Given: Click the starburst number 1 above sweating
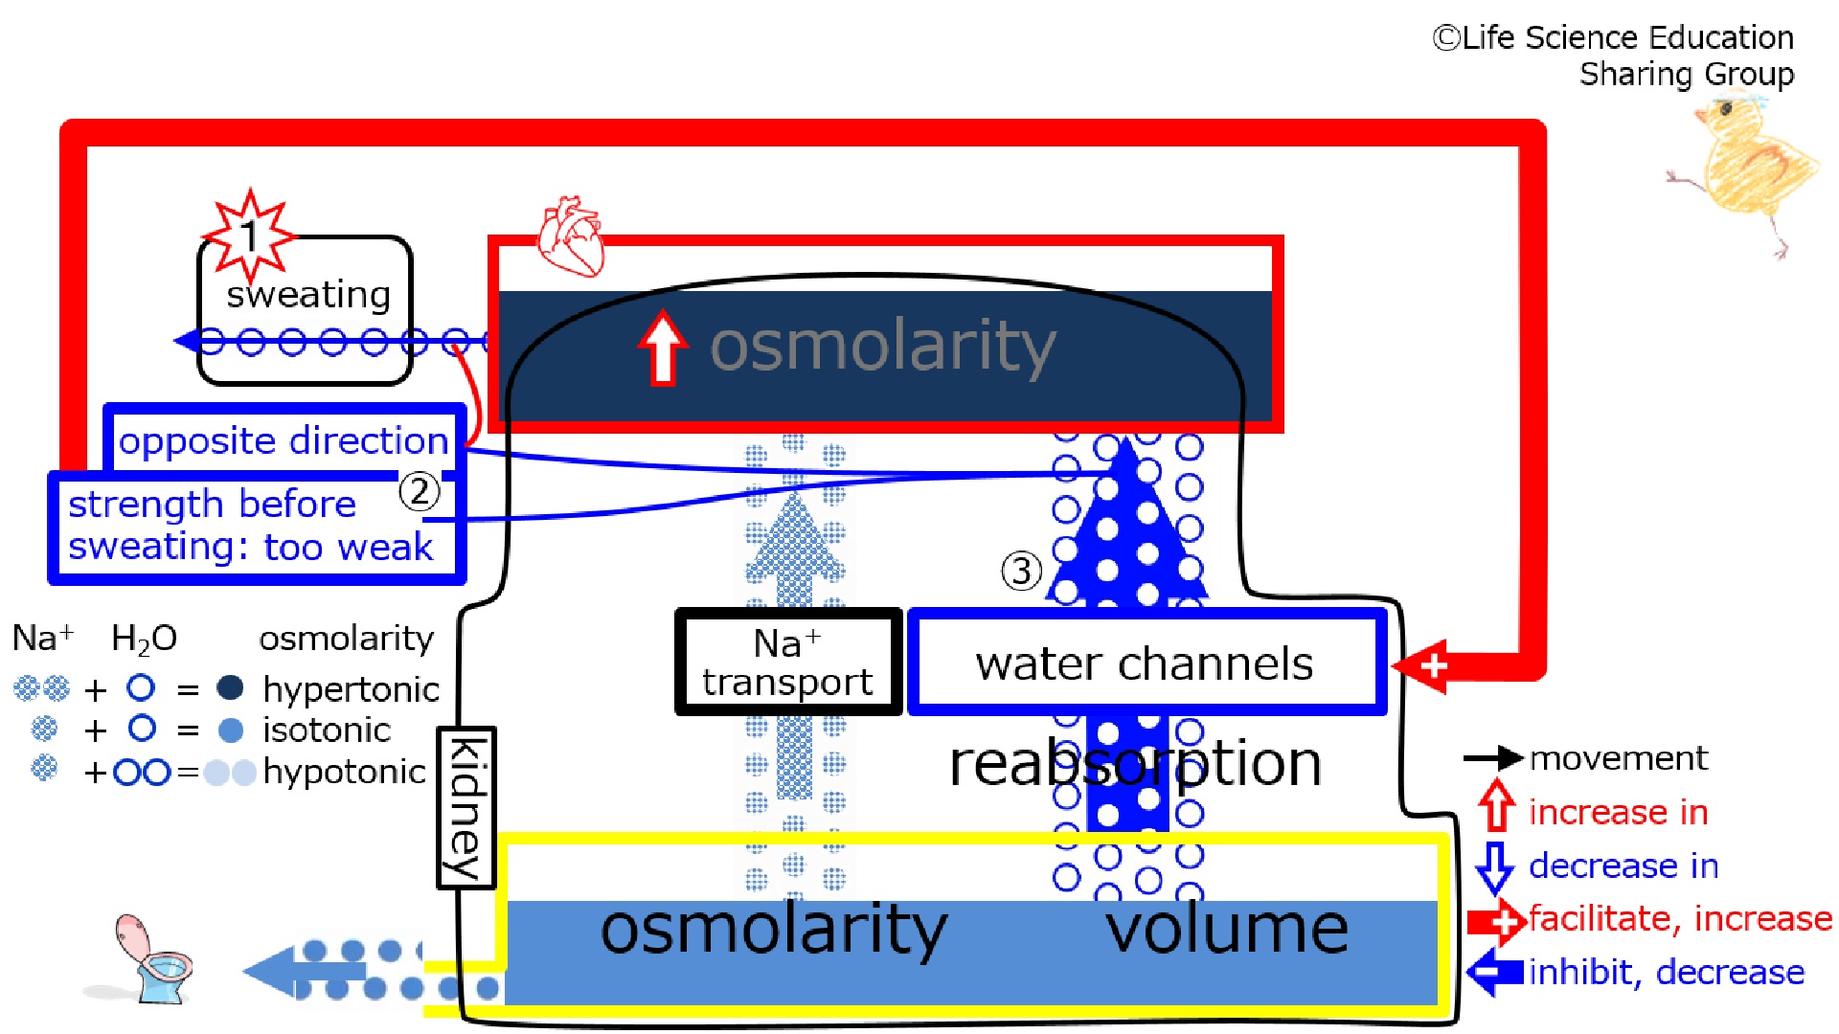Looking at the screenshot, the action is pos(250,236).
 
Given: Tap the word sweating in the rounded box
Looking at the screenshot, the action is pos(308,295).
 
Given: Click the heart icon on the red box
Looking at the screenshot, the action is pos(571,236).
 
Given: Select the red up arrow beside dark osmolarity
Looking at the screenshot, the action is pos(663,347).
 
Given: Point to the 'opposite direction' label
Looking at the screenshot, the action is pos(284,440).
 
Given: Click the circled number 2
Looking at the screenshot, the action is pos(420,491).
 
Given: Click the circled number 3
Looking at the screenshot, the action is pos(1021,571).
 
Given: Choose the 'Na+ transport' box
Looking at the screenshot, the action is pos(788,662).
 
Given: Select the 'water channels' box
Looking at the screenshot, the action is pos(1147,662).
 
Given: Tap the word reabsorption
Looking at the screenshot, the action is pos(1135,764).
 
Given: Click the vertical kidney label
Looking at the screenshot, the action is pos(466,807).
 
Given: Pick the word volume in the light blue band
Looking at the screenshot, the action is pos(1227,929).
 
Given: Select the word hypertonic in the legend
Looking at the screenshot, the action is pos(351,689).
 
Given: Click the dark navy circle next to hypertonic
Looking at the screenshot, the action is pos(230,687).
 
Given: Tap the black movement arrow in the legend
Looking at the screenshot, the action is pos(1493,758).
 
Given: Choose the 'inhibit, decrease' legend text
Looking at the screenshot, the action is pos(1667,972).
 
